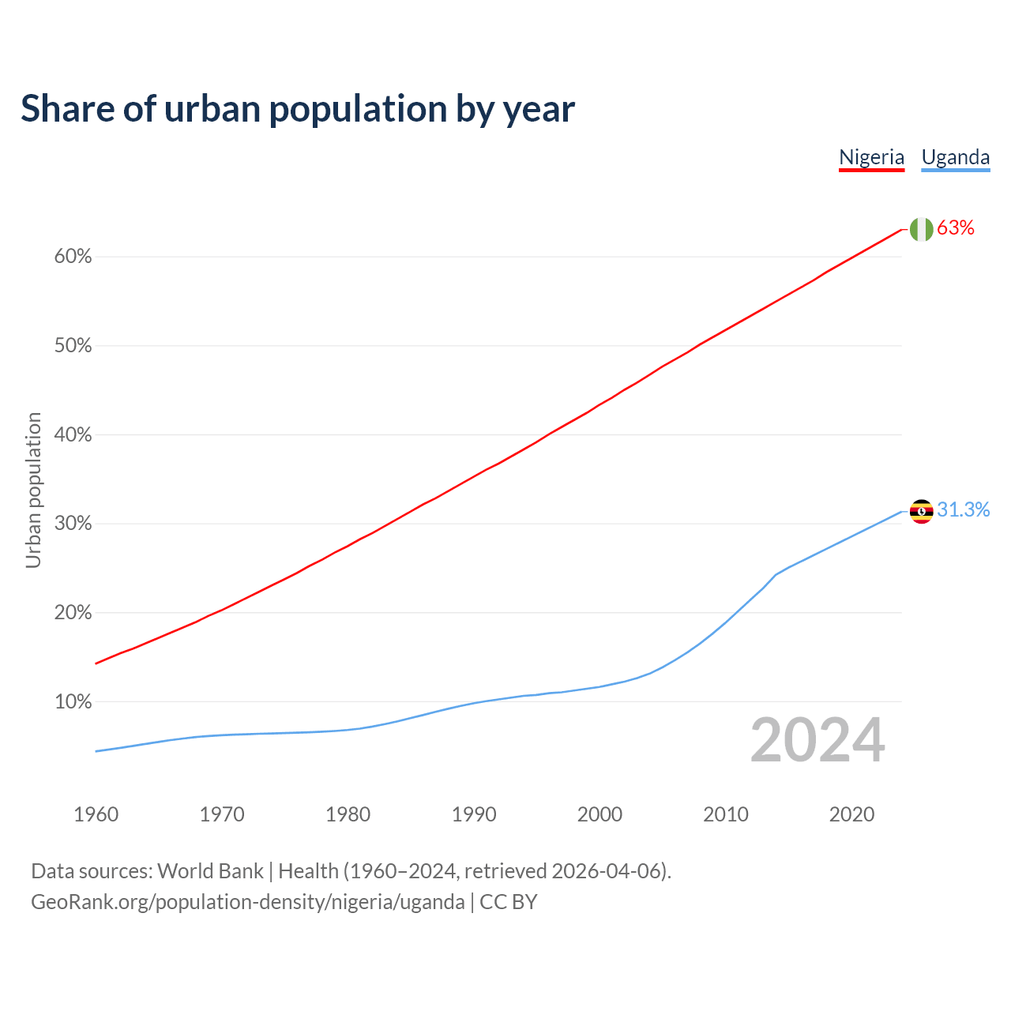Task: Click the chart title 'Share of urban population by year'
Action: pyautogui.click(x=298, y=109)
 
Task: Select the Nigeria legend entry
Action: pyautogui.click(x=871, y=157)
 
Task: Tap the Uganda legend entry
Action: pyautogui.click(x=956, y=157)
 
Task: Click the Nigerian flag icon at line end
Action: pyautogui.click(x=921, y=229)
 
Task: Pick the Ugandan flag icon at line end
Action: pyautogui.click(x=921, y=511)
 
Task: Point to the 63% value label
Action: pyautogui.click(x=956, y=228)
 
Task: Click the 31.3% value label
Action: pyautogui.click(x=964, y=510)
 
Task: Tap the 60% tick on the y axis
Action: pyautogui.click(x=73, y=257)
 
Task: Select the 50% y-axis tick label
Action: pyautogui.click(x=73, y=346)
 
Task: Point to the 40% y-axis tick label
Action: pyautogui.click(x=73, y=435)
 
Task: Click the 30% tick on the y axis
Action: pyautogui.click(x=73, y=524)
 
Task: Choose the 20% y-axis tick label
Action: pyautogui.click(x=73, y=613)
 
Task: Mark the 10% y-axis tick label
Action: pyautogui.click(x=73, y=702)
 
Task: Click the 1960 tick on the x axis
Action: pyautogui.click(x=96, y=814)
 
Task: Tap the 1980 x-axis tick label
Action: pyautogui.click(x=348, y=814)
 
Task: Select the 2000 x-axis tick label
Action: pyautogui.click(x=600, y=814)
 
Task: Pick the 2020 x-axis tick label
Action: pyautogui.click(x=851, y=814)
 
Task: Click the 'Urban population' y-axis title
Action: pyautogui.click(x=33, y=490)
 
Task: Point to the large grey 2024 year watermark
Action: pyautogui.click(x=817, y=741)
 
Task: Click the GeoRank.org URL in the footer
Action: pyautogui.click(x=248, y=902)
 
